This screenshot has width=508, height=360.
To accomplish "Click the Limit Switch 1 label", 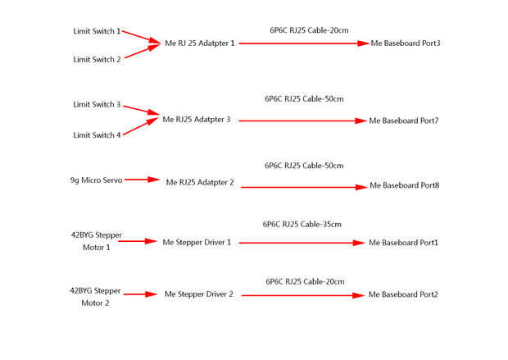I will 97,31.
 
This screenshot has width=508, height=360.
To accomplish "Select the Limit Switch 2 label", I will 97,59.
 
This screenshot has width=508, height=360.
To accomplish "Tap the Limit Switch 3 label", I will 97,105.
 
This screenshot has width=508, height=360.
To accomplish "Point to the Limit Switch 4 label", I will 97,134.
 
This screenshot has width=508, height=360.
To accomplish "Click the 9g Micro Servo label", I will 96,180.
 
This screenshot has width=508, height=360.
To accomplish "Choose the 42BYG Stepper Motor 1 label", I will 96,241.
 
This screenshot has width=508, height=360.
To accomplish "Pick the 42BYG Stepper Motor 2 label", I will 96,296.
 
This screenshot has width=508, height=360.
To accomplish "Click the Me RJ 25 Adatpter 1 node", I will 200,43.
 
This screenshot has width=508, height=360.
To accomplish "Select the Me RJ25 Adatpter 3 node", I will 197,120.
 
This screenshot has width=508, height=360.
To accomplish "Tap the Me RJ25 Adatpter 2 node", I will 200,182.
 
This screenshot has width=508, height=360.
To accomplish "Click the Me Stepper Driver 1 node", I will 197,243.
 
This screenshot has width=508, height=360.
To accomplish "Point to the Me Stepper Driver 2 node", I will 199,294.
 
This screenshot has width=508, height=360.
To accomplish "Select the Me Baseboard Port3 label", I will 406,43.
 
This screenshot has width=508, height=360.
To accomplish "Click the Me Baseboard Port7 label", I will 404,121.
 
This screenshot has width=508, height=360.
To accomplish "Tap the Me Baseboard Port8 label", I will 405,185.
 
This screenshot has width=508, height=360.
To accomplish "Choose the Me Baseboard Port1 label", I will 404,243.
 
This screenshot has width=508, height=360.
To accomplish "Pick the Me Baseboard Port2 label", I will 403,294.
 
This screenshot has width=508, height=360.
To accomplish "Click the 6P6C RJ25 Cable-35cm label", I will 302,224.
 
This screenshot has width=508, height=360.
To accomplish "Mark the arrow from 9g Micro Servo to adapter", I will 141,180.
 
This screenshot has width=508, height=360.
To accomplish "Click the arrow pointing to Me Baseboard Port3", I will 304,43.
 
